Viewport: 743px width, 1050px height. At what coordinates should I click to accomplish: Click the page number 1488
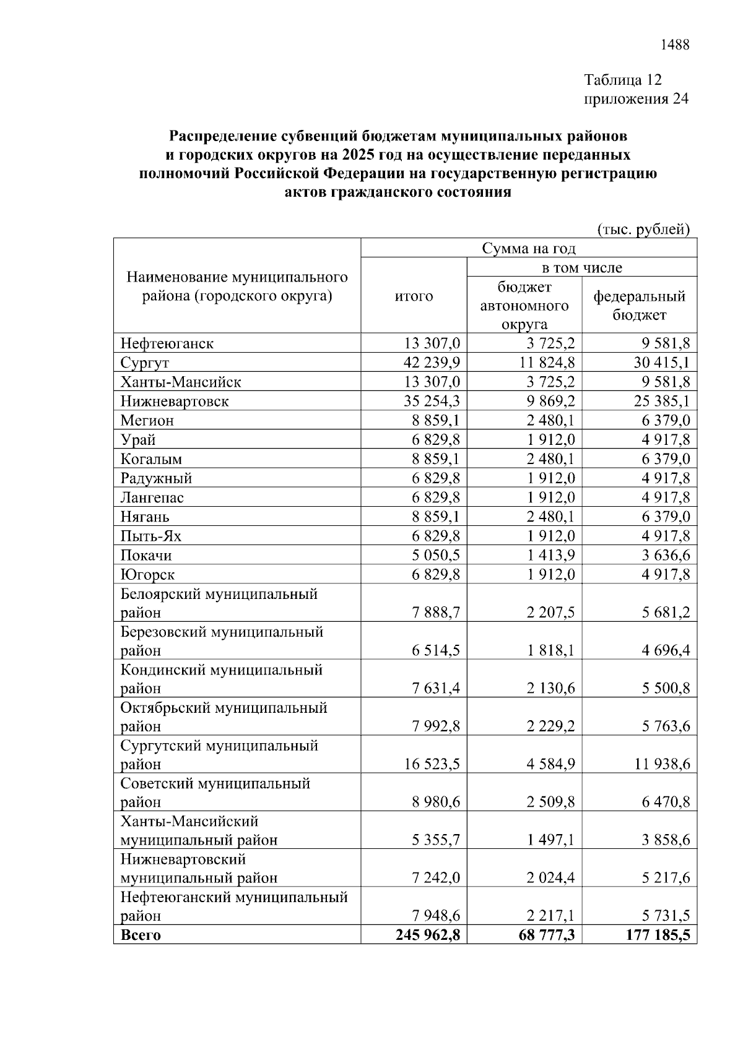(675, 45)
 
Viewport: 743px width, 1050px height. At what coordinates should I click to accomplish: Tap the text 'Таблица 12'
(623, 80)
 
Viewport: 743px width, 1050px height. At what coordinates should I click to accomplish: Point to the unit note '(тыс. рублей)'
(643, 230)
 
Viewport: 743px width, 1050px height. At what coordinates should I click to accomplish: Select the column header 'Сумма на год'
(529, 249)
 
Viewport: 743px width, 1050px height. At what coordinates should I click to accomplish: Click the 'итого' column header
(414, 296)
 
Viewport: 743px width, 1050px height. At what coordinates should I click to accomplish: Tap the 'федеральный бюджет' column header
(640, 305)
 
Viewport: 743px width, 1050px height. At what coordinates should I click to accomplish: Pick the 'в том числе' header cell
(581, 267)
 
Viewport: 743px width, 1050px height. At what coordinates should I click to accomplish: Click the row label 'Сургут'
(145, 363)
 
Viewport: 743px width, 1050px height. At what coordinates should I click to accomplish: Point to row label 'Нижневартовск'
(175, 401)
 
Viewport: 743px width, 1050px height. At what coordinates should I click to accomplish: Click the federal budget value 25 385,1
(662, 401)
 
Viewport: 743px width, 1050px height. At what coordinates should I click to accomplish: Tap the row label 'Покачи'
(146, 555)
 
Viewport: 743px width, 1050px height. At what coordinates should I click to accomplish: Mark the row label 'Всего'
(141, 935)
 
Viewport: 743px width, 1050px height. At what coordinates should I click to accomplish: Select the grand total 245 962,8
(428, 935)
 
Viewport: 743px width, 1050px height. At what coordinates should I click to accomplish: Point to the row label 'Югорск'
(147, 574)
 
